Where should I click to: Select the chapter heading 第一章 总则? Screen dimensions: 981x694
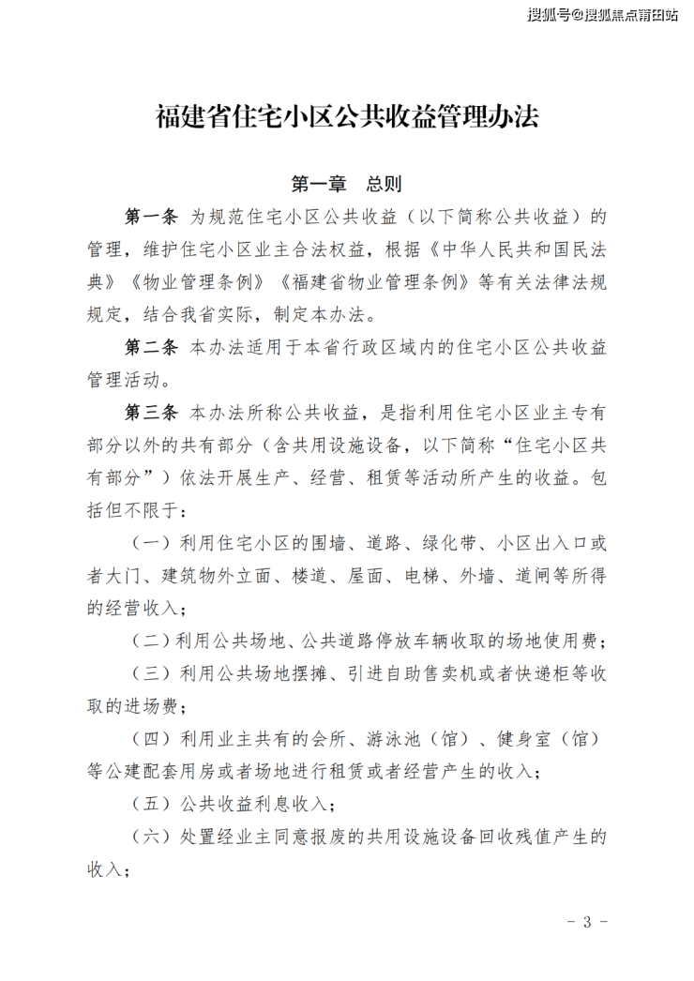pyautogui.click(x=347, y=182)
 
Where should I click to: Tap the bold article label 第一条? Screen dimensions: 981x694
pyautogui.click(x=151, y=218)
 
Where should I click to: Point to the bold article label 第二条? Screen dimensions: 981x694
pyautogui.click(x=151, y=347)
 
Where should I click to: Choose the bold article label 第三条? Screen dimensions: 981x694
pyautogui.click(x=151, y=412)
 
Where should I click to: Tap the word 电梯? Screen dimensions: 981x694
pyautogui.click(x=422, y=575)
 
